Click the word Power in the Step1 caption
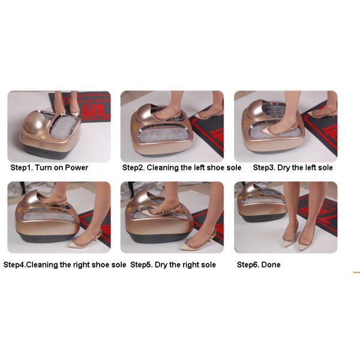[76, 167]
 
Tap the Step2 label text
[133, 167]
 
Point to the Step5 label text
[142, 265]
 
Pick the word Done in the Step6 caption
[271, 265]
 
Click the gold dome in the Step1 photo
[34, 122]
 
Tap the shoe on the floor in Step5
[197, 242]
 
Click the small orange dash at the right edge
[356, 272]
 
